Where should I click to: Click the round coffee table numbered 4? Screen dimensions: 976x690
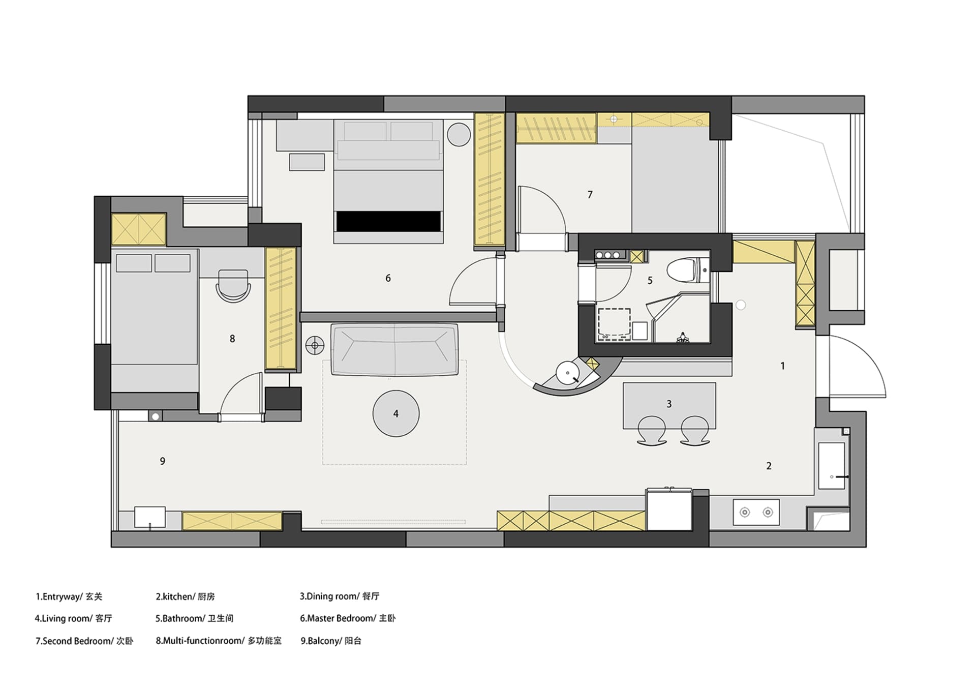396,414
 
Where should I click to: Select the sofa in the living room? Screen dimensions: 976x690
394,350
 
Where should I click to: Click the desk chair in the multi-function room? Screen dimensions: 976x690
233,286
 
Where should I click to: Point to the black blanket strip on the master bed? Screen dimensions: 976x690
389,221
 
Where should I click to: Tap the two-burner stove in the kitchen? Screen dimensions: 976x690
756,512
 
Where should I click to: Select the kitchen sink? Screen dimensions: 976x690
832,466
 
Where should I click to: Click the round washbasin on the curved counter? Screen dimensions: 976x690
566,373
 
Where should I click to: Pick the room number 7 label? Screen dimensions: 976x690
590,195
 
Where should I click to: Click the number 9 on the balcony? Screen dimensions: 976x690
163,461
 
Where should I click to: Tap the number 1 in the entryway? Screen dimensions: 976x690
783,366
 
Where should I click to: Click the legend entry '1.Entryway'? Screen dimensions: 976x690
58,597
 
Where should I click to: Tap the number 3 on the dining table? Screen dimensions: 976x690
669,404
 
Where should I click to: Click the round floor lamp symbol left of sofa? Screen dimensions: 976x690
315,346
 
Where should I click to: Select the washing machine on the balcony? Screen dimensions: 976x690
149,517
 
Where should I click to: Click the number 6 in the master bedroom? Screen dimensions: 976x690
388,278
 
